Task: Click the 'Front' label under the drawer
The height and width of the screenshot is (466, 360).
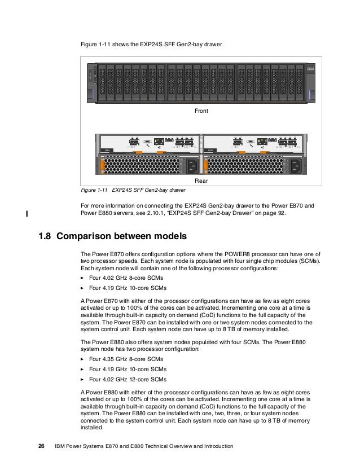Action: pos(201,112)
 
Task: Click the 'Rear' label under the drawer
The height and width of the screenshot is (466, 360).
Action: pos(201,181)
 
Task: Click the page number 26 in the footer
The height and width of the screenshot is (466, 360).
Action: pos(41,446)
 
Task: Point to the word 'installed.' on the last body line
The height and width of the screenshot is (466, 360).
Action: pos(94,428)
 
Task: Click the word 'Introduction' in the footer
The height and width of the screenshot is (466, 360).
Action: pos(217,446)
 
